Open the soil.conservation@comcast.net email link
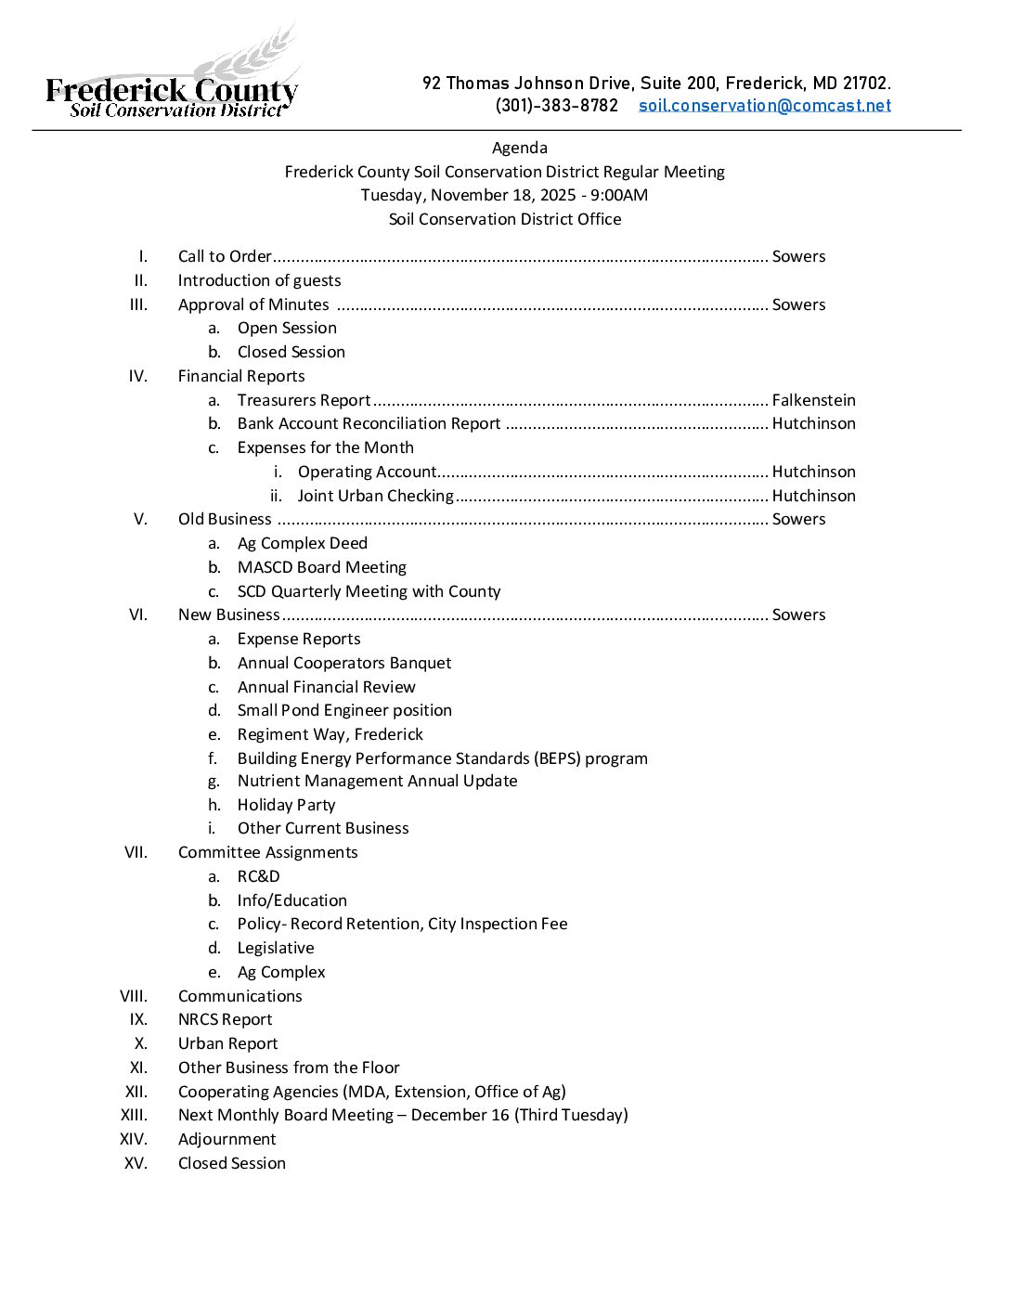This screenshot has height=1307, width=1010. pos(764,106)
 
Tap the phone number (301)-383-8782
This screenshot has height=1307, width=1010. pos(556,106)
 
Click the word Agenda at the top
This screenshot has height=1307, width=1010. pos(519,148)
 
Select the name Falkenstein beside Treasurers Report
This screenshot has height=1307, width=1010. pos(813,400)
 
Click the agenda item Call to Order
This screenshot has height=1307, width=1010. pos(225,256)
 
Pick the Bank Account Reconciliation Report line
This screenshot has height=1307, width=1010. pos(369,423)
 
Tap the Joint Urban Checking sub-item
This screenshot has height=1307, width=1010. pos(375,496)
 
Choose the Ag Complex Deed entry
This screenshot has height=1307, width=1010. pos(302,543)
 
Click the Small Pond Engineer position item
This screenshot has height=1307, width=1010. pos(344,710)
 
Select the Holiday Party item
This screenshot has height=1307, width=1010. pos(286,805)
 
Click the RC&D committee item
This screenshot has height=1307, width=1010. pos(258,876)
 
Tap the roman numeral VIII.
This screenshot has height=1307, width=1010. pos(134,996)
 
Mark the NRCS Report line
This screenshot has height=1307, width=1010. pos(225,1019)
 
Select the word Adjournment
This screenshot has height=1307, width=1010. pos(227,1139)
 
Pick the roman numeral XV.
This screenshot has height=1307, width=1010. pos(136,1163)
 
